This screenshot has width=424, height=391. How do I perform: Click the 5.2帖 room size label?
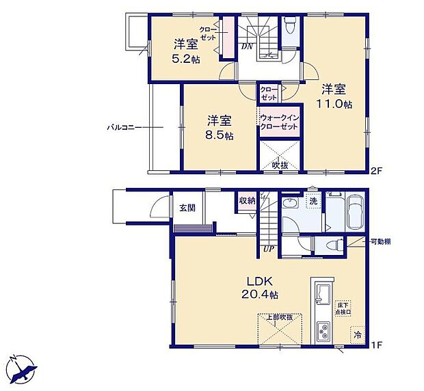(186, 59)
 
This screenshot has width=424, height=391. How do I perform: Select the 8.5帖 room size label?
(220, 135)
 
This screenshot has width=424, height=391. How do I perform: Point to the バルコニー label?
(123, 127)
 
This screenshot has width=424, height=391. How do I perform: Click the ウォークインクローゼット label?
(280, 123)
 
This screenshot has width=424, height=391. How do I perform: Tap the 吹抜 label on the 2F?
(280, 164)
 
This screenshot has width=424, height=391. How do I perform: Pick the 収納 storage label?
(247, 200)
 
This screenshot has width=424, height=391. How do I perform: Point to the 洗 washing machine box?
(313, 202)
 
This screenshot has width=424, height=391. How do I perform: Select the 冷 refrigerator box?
(358, 335)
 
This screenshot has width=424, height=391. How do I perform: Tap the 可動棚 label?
(381, 242)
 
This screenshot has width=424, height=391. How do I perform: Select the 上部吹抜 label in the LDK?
(280, 317)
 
